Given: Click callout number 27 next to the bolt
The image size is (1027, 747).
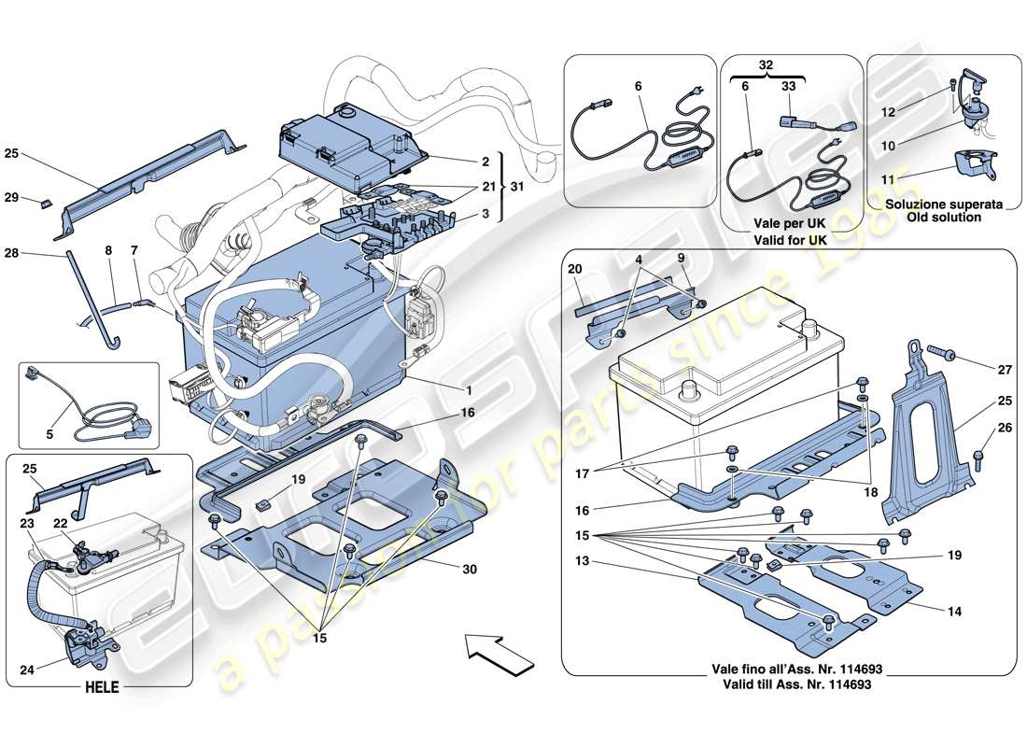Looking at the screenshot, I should click(1004, 370).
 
